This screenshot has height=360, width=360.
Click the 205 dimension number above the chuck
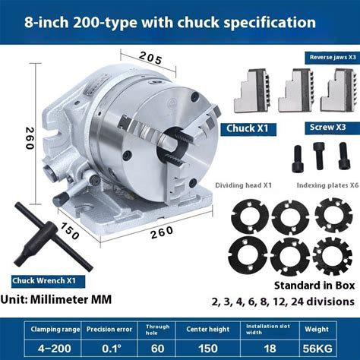click(x=150, y=58)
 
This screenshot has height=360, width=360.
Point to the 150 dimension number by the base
click(x=68, y=232)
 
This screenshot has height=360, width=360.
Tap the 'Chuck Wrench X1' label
click(x=44, y=280)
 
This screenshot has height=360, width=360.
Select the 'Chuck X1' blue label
click(x=247, y=128)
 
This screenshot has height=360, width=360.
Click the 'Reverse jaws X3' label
click(x=333, y=57)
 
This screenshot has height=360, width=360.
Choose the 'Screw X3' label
click(x=328, y=127)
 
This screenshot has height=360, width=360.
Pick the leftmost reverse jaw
click(x=252, y=90)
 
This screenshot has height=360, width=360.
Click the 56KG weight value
click(x=317, y=349)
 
